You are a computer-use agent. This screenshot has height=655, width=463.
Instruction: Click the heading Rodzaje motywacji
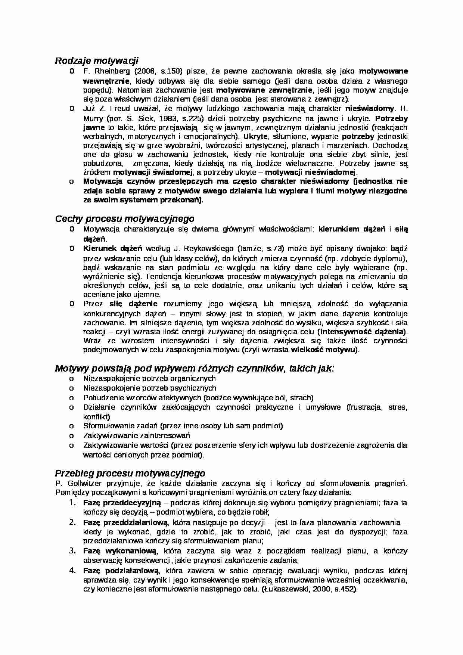97,60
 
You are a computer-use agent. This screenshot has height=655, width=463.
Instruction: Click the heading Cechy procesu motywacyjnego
124,218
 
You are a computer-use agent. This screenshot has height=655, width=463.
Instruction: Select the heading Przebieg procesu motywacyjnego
130,474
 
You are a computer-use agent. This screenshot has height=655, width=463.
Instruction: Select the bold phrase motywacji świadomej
153,173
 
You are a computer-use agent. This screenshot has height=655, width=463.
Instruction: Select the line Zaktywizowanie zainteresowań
137,435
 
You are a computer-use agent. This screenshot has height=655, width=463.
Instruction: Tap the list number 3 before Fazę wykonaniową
72,550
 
